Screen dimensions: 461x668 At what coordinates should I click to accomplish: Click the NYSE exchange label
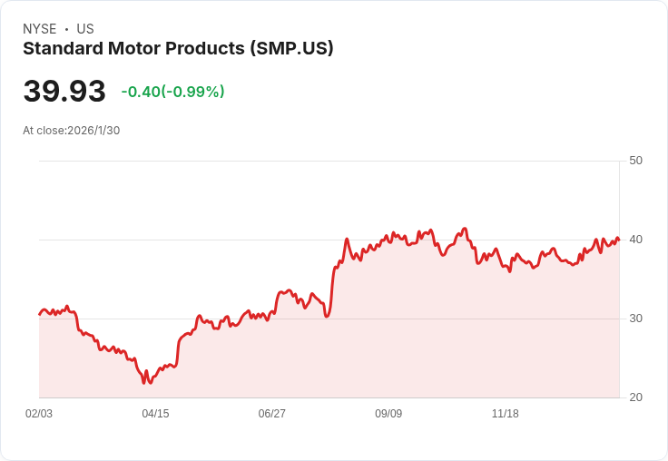tap(39, 29)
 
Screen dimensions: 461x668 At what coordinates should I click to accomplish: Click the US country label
tap(85, 29)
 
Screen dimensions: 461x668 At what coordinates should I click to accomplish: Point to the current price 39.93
tap(64, 92)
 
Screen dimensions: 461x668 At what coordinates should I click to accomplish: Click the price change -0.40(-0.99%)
tap(172, 92)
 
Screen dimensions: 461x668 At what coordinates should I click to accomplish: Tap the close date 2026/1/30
tap(93, 131)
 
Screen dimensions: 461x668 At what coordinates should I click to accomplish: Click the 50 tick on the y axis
tap(635, 161)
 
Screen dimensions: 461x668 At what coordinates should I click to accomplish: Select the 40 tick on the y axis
tap(635, 240)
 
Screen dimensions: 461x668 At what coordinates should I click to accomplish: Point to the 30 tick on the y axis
tap(635, 319)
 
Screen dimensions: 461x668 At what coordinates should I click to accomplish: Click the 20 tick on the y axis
tap(635, 397)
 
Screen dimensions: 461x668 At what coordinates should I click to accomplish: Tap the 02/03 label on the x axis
tap(39, 414)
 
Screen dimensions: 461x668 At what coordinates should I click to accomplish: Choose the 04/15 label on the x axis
tap(155, 414)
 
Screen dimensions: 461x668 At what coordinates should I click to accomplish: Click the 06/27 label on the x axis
tap(271, 414)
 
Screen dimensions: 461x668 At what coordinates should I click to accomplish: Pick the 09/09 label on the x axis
tap(388, 414)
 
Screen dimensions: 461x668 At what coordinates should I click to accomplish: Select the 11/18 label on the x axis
tap(505, 414)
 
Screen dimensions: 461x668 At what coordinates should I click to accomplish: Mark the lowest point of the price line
tap(143, 383)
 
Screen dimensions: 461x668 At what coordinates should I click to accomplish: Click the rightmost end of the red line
tap(619, 240)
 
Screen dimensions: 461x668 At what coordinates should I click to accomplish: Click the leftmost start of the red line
tap(39, 314)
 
